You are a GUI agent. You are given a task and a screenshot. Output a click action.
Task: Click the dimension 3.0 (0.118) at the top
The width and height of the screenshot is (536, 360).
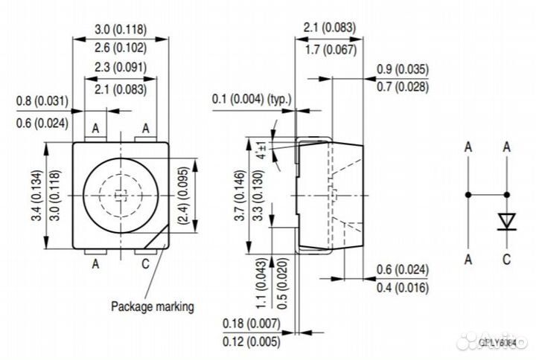121,30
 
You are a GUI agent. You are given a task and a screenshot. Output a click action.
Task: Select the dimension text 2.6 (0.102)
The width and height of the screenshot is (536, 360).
121,47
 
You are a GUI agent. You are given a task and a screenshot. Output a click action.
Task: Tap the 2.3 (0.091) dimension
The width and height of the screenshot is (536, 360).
121,68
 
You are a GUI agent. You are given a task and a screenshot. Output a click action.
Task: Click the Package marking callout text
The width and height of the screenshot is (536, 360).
153,306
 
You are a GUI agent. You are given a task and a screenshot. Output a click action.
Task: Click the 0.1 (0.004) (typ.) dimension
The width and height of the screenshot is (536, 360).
252,100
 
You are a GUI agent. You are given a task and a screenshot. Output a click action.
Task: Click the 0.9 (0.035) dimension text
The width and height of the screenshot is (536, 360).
402,71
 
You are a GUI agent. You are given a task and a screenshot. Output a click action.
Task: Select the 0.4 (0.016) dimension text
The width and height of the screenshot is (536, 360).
402,287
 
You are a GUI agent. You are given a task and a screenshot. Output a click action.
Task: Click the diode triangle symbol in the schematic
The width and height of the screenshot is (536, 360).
506,221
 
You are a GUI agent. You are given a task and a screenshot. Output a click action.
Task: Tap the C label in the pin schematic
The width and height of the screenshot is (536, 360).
506,259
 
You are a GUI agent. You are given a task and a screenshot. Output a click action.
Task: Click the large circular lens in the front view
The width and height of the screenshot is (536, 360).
121,195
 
